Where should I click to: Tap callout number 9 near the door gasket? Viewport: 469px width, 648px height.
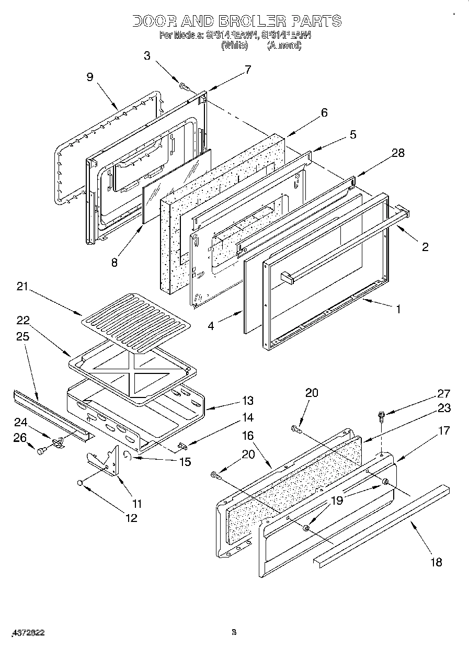point(90,77)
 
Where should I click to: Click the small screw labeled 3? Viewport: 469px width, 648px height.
point(184,85)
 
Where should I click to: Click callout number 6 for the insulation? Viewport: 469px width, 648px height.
point(324,112)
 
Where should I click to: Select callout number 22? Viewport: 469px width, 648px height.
point(24,320)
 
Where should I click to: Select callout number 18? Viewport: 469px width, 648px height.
point(436,562)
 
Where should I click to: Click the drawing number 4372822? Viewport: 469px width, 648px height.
point(27,633)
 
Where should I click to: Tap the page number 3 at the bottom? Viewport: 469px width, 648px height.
point(234,632)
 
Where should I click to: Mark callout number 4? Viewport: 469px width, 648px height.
point(211,326)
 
